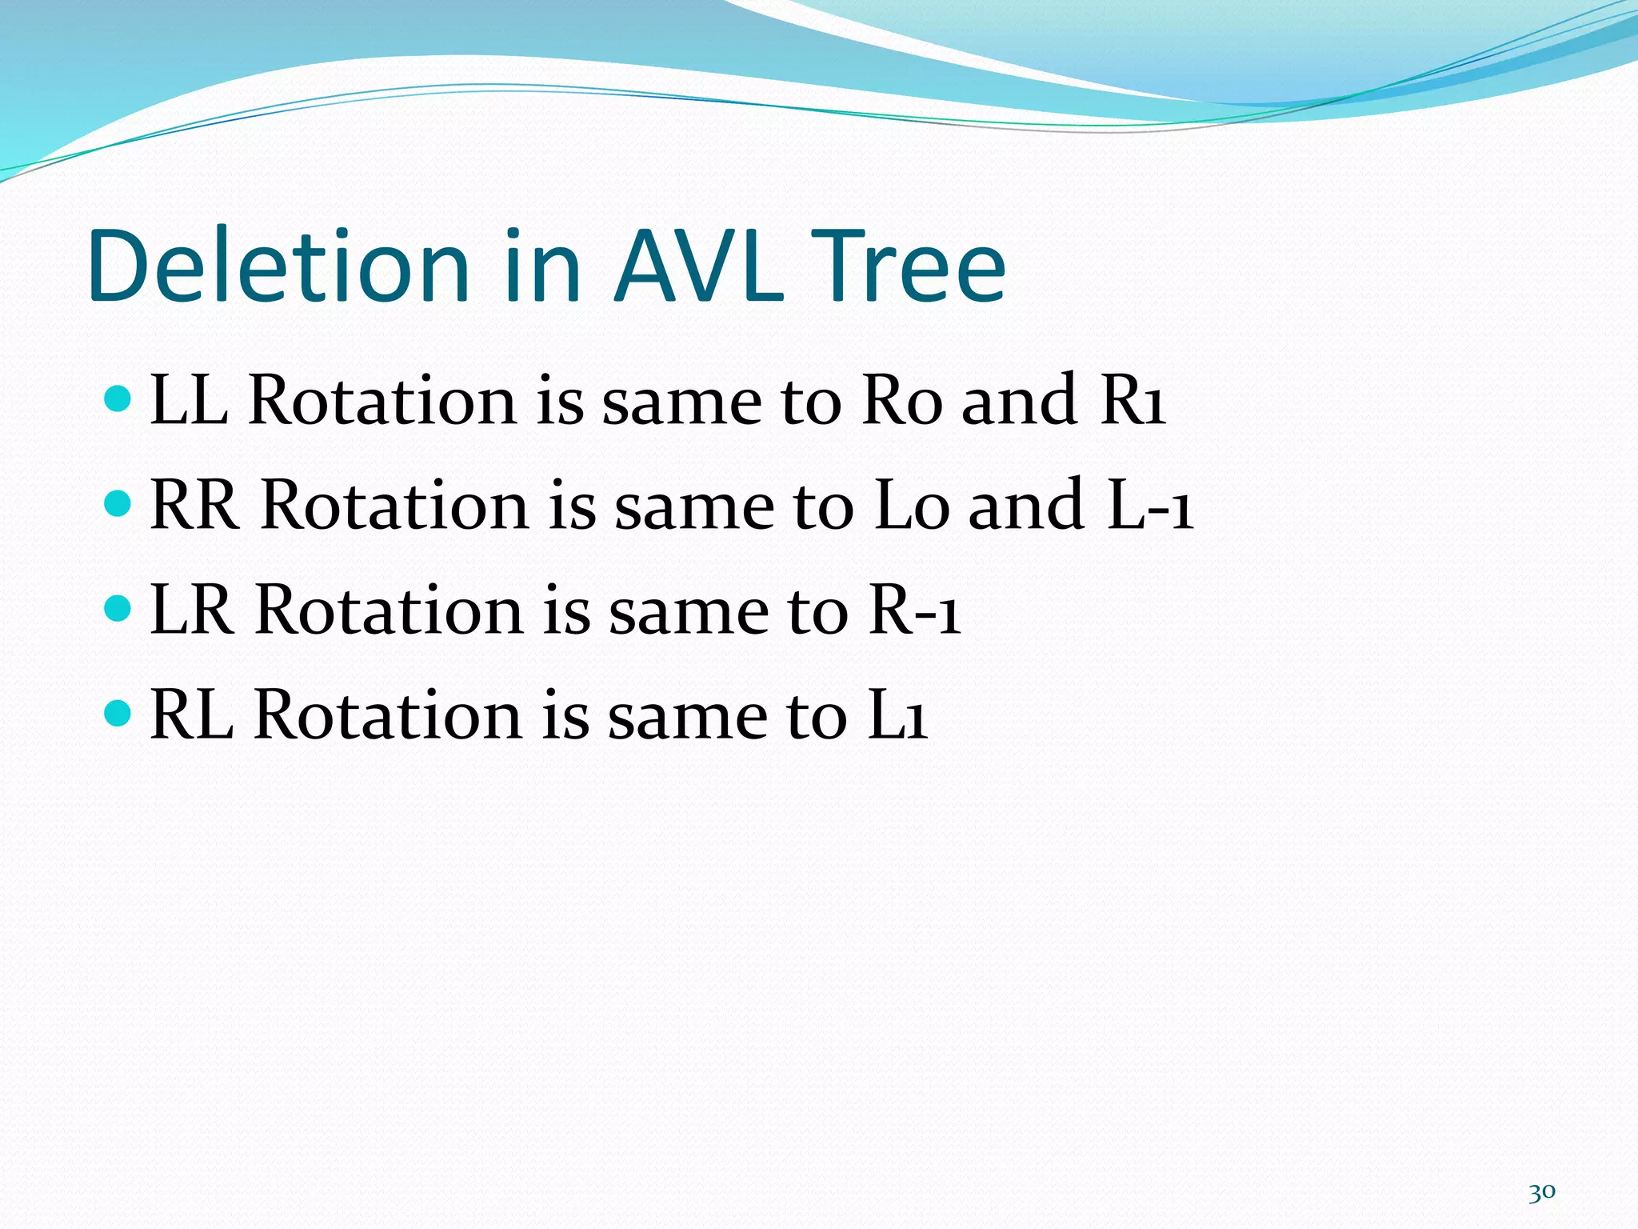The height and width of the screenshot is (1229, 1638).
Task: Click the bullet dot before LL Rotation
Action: click(118, 398)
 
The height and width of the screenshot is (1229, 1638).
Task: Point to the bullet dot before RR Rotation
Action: click(118, 503)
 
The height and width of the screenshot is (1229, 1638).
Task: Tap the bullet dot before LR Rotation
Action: click(118, 608)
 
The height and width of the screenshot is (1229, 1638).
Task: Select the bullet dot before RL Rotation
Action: click(118, 713)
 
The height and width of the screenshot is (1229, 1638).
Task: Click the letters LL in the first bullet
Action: click(189, 399)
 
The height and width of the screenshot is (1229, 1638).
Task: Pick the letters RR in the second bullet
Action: click(194, 505)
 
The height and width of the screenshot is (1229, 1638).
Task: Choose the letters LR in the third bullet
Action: click(192, 610)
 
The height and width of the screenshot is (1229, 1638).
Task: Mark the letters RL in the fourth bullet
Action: click(191, 715)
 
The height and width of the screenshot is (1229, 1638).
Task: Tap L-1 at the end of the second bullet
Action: click(1150, 505)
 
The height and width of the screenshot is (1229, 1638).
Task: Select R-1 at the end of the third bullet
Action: click(914, 610)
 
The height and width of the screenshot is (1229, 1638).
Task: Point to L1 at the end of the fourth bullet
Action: click(897, 715)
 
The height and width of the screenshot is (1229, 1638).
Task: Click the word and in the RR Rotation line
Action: click(1026, 505)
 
